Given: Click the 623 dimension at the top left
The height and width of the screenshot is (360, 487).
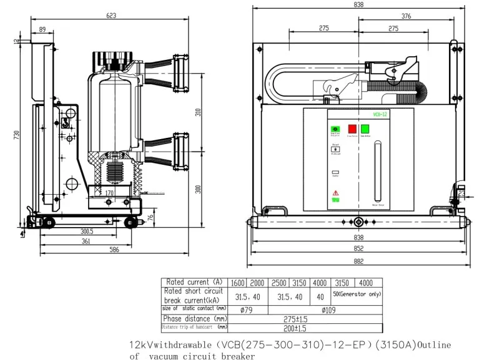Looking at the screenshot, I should [x=111, y=15].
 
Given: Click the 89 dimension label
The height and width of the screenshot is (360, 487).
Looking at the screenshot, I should [x=42, y=29].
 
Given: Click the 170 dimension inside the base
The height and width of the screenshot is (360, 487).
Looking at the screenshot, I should [x=109, y=193].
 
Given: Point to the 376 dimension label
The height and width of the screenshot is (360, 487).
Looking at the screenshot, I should [x=406, y=17].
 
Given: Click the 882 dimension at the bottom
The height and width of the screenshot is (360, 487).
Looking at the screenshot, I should [x=358, y=261].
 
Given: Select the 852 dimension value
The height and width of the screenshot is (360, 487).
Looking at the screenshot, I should [x=358, y=248].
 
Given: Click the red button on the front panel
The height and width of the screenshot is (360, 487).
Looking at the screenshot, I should [x=352, y=129].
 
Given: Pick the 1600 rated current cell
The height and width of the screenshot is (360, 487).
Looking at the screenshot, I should [x=238, y=282].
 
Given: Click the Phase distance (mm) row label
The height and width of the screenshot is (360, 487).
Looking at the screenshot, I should [x=194, y=319].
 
